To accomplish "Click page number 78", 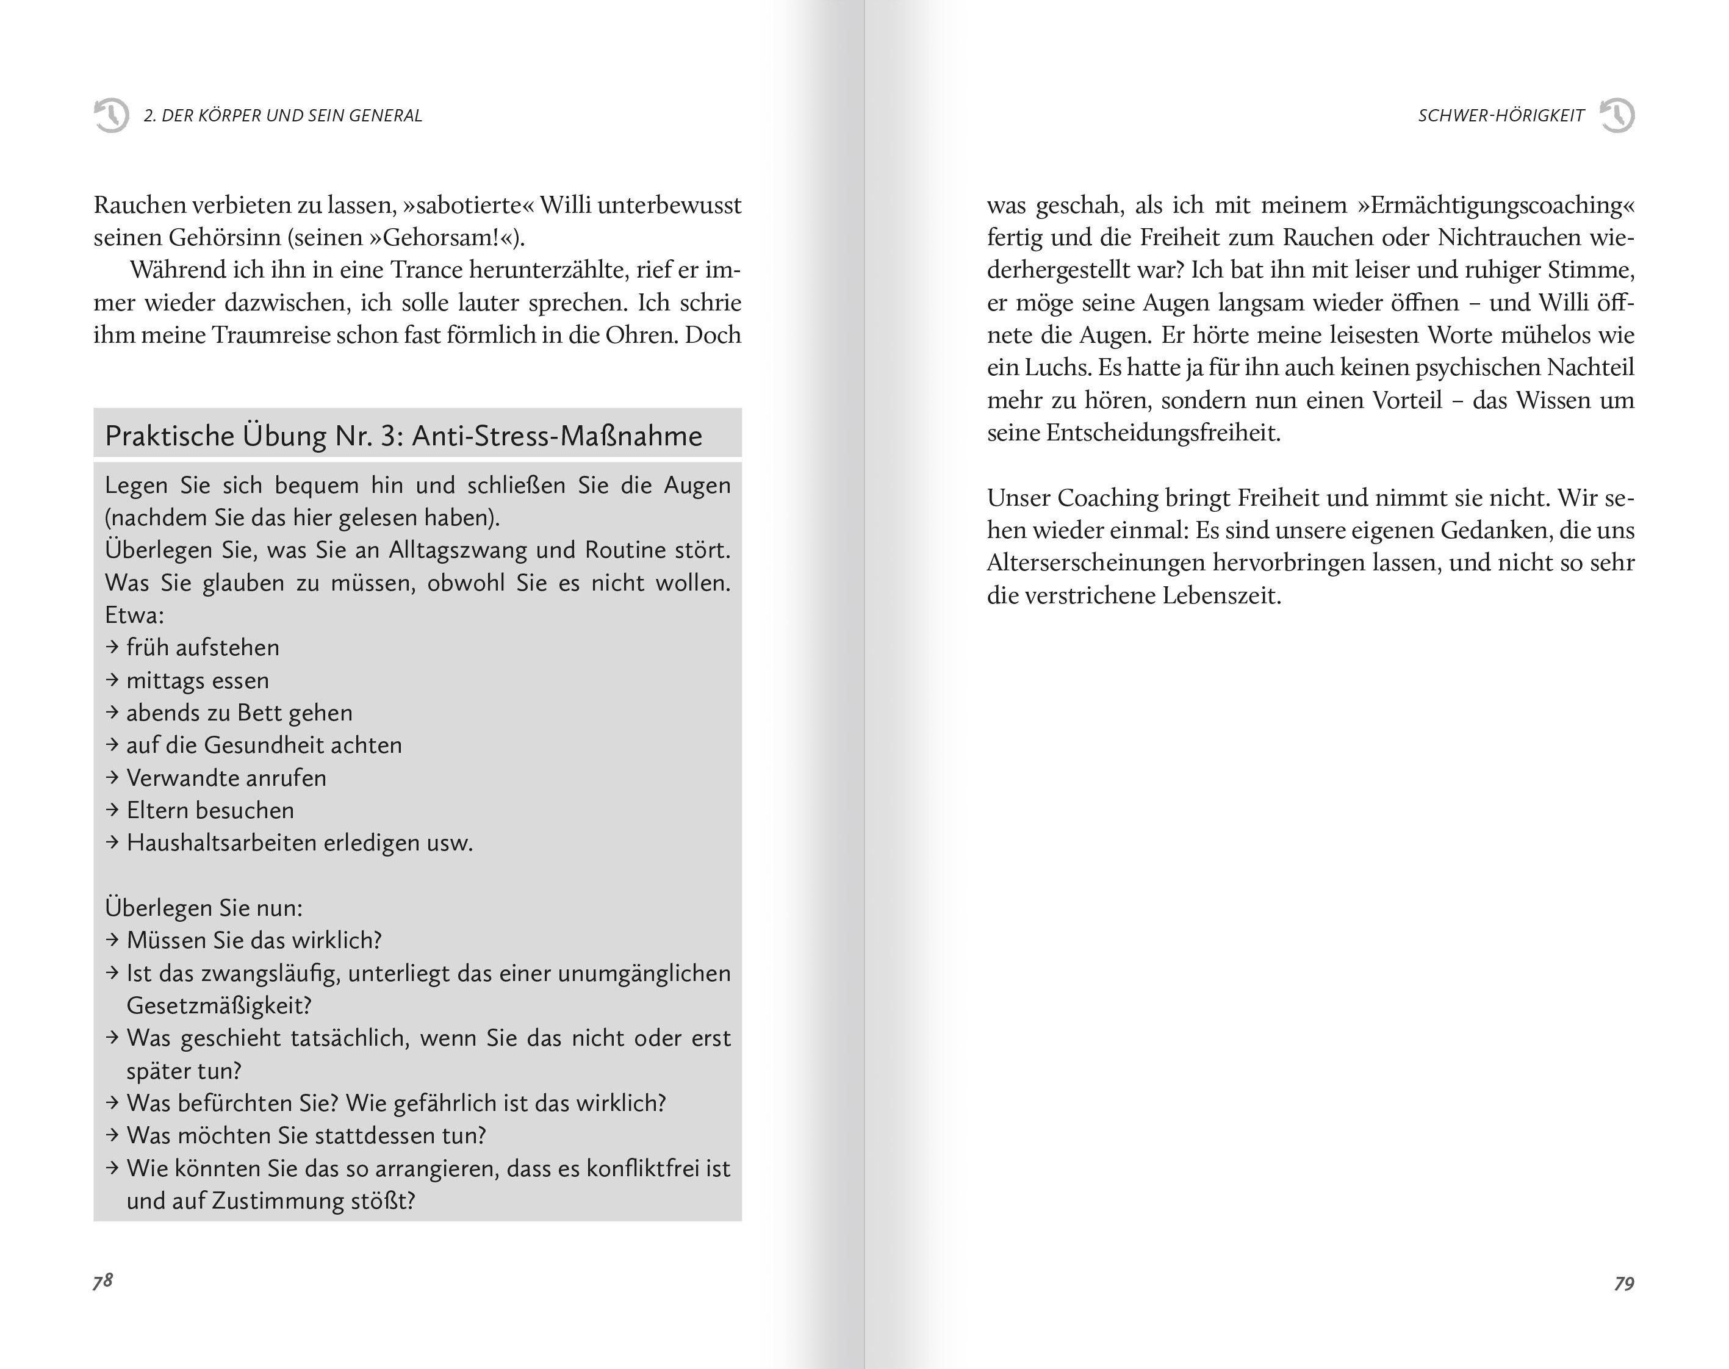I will [x=102, y=1281].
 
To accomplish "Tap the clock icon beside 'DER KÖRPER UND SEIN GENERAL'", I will [x=112, y=115].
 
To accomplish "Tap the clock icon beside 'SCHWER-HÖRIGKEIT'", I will [x=1617, y=115].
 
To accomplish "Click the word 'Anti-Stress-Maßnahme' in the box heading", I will [x=557, y=436].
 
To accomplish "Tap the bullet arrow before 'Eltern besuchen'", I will [x=112, y=810].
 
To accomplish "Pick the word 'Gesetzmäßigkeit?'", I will [x=219, y=1005].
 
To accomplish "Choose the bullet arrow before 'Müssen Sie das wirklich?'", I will [x=112, y=940].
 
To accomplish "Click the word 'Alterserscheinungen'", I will [x=1093, y=562].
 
